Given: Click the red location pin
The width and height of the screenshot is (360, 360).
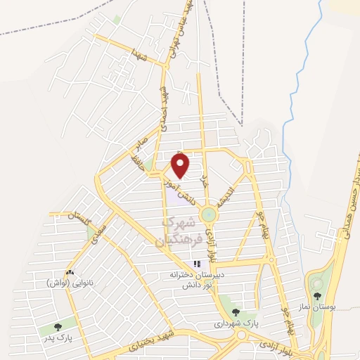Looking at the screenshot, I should [x=181, y=165].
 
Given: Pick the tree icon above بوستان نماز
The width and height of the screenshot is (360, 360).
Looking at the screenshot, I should [x=318, y=295].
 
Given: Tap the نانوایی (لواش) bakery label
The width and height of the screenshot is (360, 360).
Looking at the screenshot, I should [x=69, y=283].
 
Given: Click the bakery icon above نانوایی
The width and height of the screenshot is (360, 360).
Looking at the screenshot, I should [x=69, y=272].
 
